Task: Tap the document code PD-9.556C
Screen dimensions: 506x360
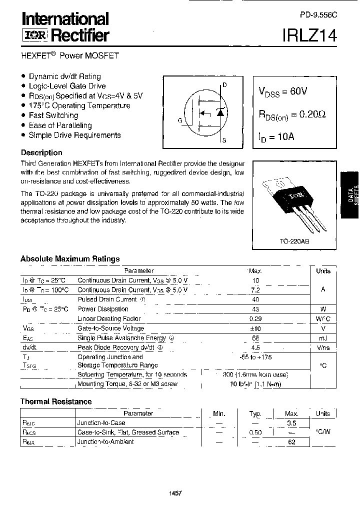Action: (319, 15)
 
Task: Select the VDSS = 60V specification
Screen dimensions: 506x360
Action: (283, 91)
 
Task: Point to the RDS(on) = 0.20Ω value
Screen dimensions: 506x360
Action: (292, 114)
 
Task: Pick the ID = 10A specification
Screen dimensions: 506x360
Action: (276, 136)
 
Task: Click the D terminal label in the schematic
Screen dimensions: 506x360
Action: (224, 85)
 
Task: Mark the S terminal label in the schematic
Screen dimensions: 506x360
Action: (224, 140)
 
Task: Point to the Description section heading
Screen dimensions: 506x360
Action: (41, 152)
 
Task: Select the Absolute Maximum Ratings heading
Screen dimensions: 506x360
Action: (70, 259)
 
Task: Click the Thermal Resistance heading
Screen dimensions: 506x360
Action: (56, 401)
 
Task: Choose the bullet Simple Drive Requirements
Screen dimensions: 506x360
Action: (74, 135)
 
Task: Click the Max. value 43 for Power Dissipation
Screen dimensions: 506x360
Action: (256, 309)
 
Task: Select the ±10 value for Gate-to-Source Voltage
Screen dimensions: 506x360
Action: (256, 328)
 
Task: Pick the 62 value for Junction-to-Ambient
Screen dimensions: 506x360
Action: (291, 442)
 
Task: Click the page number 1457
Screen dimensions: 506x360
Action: (176, 493)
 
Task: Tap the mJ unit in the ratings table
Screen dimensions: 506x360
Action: (323, 338)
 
